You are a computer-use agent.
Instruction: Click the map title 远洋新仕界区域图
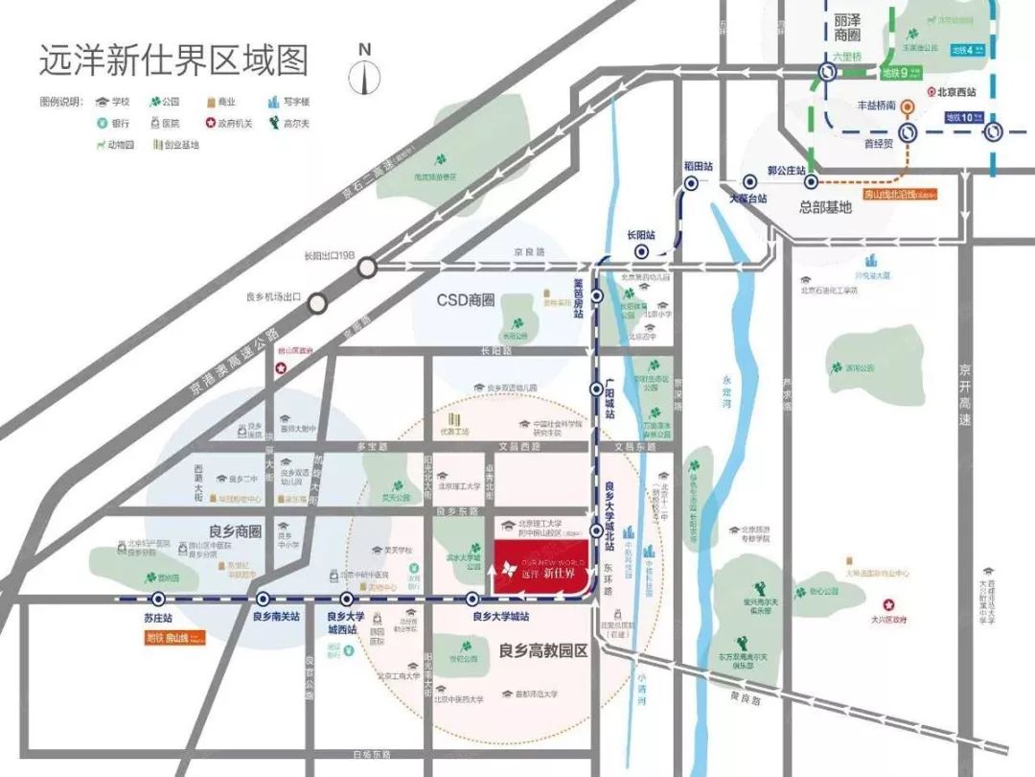[173, 60]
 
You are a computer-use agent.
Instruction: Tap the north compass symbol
[363, 73]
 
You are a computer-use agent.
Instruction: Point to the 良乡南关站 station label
[276, 617]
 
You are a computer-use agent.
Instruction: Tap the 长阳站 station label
[640, 234]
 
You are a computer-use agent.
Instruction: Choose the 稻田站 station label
[700, 166]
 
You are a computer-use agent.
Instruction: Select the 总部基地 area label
[824, 206]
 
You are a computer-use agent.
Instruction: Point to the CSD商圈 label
[465, 300]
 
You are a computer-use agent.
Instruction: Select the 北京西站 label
[956, 93]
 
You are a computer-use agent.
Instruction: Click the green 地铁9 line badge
[902, 72]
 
